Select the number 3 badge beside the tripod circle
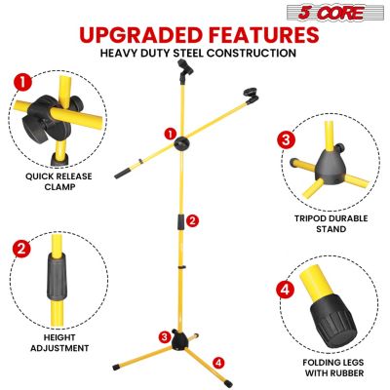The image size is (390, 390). click(286, 138)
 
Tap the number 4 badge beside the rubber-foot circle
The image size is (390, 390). click(285, 289)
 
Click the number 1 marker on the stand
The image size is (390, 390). click(170, 134)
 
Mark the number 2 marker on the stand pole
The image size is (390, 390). click(193, 220)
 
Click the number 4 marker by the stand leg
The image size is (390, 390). click(218, 362)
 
